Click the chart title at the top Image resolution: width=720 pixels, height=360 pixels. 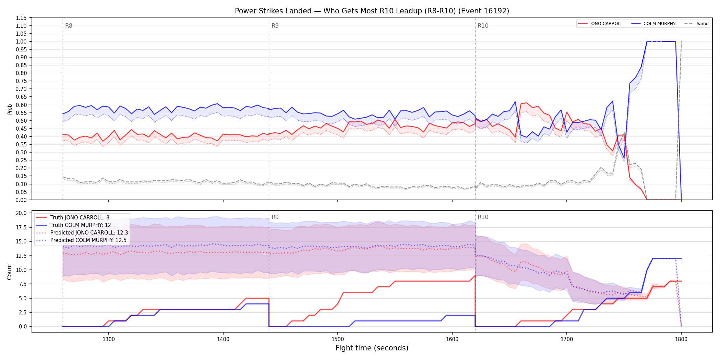coord(372,11)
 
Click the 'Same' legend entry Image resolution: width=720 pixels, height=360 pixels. coord(696,24)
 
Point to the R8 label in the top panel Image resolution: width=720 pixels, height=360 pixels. coord(69,26)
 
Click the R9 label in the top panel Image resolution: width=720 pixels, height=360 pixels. coord(275,26)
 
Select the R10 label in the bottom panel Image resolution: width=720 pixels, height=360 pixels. coord(483,217)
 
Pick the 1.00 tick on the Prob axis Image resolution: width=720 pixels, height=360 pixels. coord(21,41)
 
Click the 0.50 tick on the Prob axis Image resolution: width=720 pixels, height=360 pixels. coord(21,121)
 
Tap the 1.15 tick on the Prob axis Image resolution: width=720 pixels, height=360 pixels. coord(21,18)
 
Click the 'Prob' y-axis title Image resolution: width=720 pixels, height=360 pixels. coord(10,109)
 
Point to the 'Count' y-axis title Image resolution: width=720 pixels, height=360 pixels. coord(9,272)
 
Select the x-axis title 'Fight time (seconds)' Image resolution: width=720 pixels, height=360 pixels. coord(372,348)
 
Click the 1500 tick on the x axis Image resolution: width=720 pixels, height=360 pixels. coord(338,339)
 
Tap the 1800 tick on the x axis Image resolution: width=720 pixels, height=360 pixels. coord(681,339)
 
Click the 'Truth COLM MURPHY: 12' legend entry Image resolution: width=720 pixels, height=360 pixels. coord(73,225)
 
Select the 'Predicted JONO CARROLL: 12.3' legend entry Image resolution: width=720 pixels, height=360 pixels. coord(82,233)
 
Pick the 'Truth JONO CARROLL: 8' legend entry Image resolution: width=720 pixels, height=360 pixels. coord(73,218)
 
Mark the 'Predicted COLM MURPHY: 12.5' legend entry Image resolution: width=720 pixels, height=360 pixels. coord(81,240)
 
